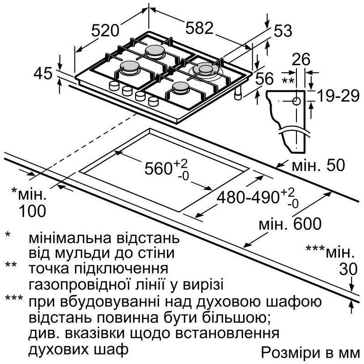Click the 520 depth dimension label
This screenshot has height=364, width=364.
click(105, 31)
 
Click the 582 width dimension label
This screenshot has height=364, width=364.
click(199, 28)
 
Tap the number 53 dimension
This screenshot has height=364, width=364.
click(283, 31)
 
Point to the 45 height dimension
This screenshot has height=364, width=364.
click(43, 74)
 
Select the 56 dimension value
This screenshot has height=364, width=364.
click(264, 79)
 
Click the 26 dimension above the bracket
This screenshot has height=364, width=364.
click(301, 59)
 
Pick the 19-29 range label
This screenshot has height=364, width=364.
click(338, 96)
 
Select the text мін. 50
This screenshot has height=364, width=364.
click(318, 165)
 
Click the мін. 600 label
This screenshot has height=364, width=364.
click(290, 224)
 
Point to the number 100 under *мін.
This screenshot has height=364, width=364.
click(32, 211)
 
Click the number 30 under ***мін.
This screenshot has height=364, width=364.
click(348, 269)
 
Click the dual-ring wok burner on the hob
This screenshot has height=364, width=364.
click(205, 70)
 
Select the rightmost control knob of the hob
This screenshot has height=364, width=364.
click(153, 102)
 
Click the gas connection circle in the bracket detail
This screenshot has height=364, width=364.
click(296, 102)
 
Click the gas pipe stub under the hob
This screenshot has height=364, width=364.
click(238, 94)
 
